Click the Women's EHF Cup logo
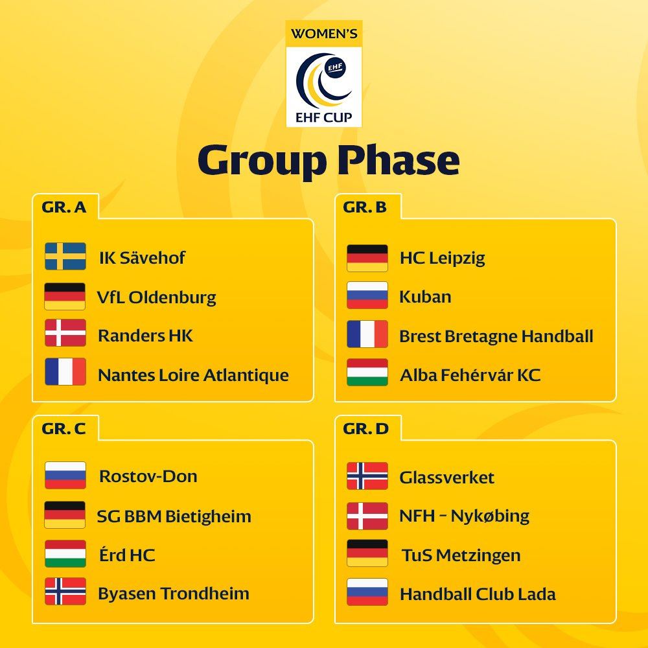click(x=323, y=74)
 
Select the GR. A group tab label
click(x=64, y=207)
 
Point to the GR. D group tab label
click(x=365, y=428)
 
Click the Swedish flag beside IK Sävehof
click(x=65, y=256)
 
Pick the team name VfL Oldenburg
click(x=156, y=297)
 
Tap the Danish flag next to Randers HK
click(x=65, y=332)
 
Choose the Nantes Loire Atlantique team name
click(x=193, y=375)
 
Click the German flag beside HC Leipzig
click(x=367, y=258)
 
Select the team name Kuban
click(x=425, y=297)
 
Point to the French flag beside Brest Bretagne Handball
click(x=367, y=334)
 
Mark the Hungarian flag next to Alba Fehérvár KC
click(x=367, y=373)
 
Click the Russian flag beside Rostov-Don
click(x=65, y=475)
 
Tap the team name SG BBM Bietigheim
click(x=174, y=516)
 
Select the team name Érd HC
click(x=127, y=554)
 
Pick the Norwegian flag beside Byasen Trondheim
click(x=65, y=592)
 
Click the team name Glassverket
click(x=446, y=478)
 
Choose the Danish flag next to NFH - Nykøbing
click(x=367, y=516)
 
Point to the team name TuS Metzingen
click(x=461, y=555)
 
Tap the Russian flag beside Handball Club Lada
click(x=367, y=592)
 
